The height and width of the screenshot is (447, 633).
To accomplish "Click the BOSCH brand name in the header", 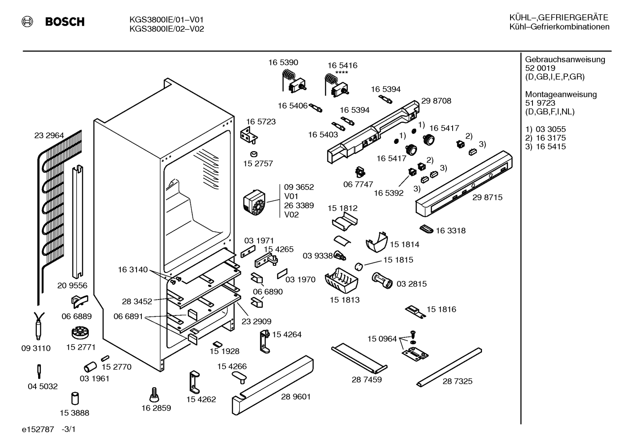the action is click(65, 22).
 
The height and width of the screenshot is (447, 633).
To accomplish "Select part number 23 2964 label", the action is click(49, 136).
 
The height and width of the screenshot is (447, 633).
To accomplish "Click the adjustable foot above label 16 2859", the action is click(154, 394).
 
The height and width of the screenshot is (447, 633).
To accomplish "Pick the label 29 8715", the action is click(487, 197).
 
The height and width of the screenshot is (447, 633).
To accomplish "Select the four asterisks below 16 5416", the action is click(342, 73).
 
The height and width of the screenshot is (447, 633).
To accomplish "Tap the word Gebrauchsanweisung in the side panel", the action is click(565, 60).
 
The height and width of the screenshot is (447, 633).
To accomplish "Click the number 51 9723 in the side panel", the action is click(540, 103).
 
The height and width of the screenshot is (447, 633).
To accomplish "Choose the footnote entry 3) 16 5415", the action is click(545, 147).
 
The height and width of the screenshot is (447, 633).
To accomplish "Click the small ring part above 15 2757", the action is click(254, 154).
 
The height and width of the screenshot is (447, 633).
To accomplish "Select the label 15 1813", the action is click(345, 300).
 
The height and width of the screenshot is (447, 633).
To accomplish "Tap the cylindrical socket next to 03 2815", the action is click(382, 281).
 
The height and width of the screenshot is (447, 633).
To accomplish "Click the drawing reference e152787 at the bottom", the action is click(38, 429).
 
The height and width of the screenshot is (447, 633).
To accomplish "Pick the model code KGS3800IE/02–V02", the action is click(166, 29).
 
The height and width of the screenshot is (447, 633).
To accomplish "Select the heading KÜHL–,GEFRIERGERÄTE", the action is click(559, 18).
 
